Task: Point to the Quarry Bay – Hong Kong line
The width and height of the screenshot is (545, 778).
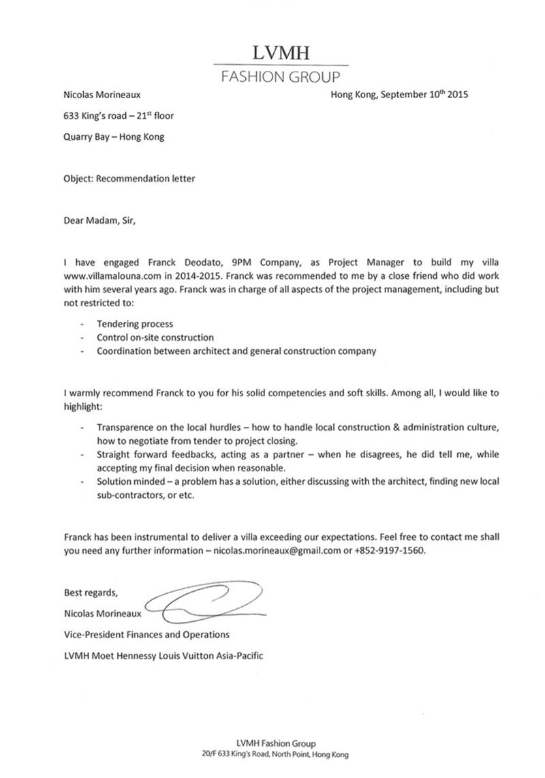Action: (113, 136)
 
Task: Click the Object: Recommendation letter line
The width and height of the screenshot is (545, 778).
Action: (129, 179)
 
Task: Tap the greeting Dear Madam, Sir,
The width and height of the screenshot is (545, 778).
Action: (104, 220)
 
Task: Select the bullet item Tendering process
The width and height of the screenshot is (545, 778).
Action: (135, 324)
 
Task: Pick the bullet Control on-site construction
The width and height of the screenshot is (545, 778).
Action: (155, 338)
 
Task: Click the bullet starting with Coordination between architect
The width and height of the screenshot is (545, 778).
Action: (236, 351)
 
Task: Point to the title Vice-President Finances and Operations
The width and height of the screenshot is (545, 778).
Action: (146, 634)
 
